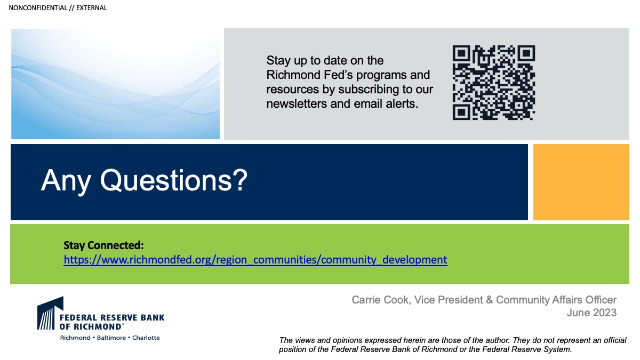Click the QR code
[x=494, y=83]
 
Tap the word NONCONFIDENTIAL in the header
[x=38, y=8]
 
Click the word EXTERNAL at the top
[x=91, y=8]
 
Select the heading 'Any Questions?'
[x=144, y=181]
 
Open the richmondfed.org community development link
[x=255, y=260]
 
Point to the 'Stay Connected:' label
[x=103, y=245]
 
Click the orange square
[x=581, y=182]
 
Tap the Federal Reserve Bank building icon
[x=50, y=313]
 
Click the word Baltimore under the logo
[x=111, y=338]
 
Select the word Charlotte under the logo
[x=146, y=338]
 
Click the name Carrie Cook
[x=381, y=300]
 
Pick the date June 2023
[x=591, y=313]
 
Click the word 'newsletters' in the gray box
[x=297, y=103]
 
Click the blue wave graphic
[x=115, y=84]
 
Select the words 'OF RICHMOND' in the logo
[x=91, y=326]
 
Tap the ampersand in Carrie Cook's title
[x=489, y=300]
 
